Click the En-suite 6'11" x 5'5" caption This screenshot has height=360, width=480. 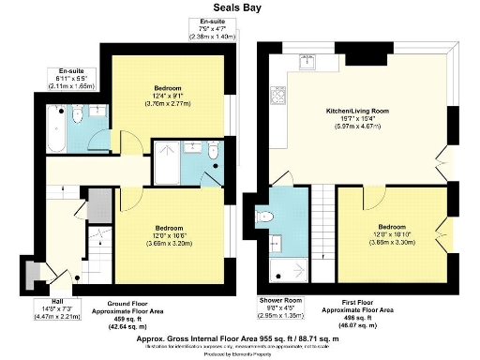tap(71, 77)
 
